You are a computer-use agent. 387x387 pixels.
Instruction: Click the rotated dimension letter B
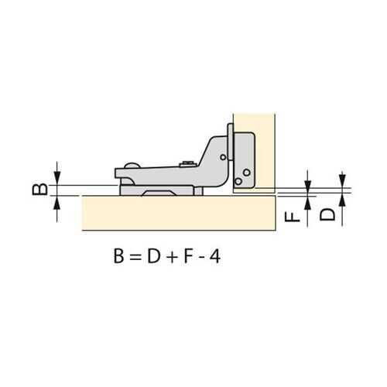tap(39, 189)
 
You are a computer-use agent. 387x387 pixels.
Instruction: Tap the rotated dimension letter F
tap(293, 216)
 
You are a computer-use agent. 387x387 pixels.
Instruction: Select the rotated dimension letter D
tap(327, 214)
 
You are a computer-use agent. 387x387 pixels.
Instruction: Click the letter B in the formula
tap(118, 256)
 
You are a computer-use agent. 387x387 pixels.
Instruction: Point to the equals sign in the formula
tap(135, 257)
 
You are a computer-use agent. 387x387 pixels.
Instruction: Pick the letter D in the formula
tap(154, 256)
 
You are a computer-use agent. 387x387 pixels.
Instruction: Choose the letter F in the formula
tap(188, 256)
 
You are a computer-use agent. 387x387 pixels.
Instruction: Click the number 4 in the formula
tap(214, 256)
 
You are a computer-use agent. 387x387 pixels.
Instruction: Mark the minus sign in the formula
tap(200, 258)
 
